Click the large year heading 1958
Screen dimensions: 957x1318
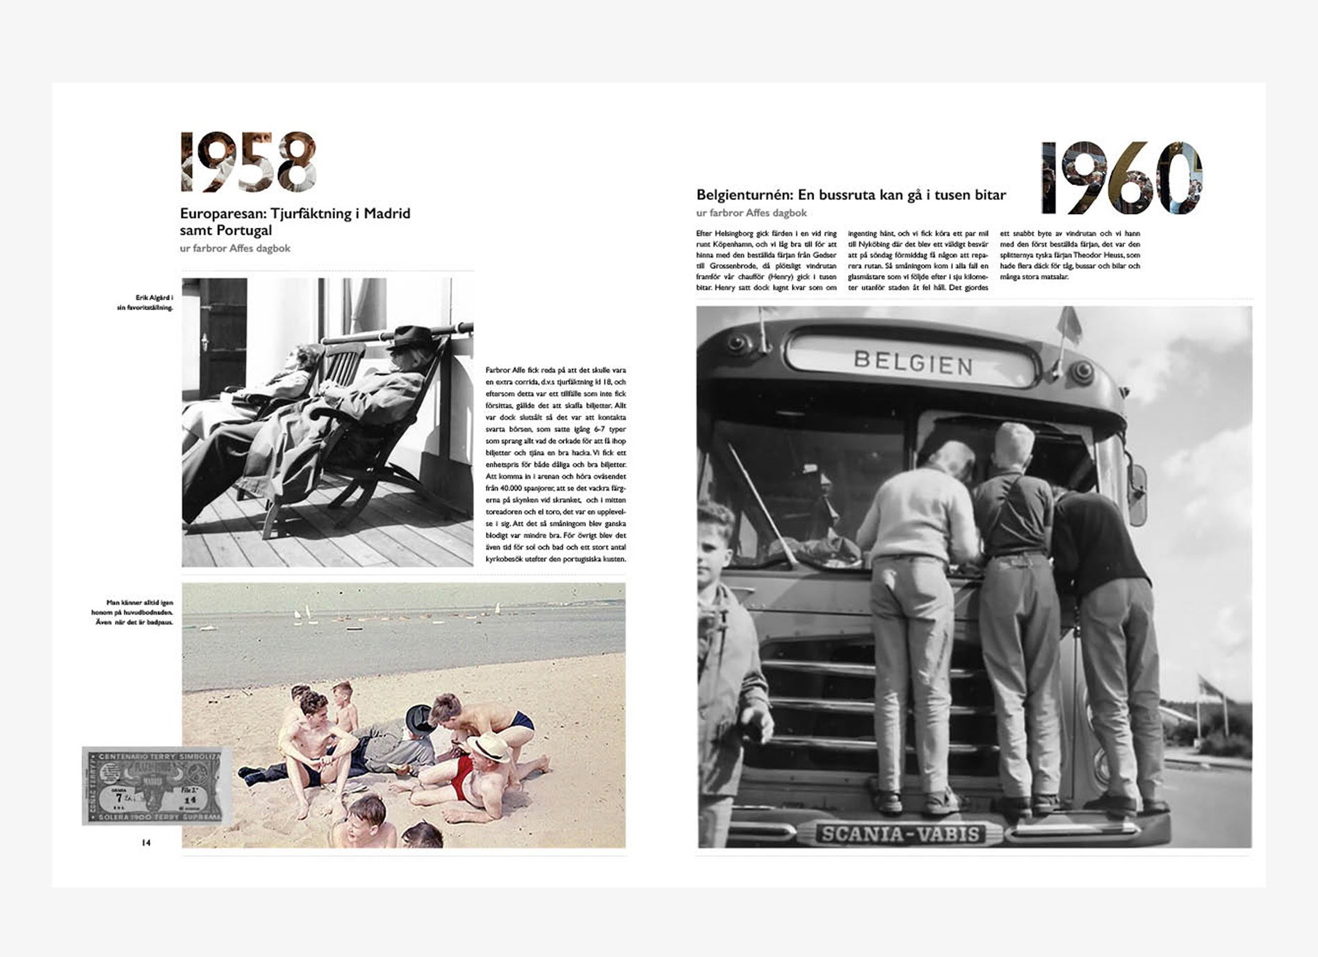pos(248,162)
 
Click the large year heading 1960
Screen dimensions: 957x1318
pos(1121,178)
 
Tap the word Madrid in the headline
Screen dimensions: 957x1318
pos(387,213)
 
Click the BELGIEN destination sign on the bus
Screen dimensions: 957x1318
pos(913,363)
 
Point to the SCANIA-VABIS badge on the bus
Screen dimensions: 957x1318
pos(900,834)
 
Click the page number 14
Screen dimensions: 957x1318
pos(146,842)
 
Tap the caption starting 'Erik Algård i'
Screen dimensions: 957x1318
pos(145,302)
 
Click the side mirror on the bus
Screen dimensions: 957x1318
pos(1137,494)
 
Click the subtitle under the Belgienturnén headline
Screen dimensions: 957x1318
pos(751,213)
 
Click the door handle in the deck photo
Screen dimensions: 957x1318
pos(204,341)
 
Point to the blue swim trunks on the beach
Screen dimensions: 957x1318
pos(521,722)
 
